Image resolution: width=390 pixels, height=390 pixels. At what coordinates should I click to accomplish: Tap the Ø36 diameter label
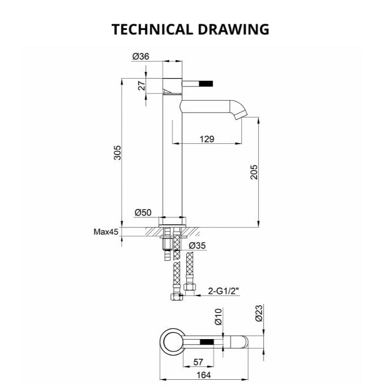(140, 56)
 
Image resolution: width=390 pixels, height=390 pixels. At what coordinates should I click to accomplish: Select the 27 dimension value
(142, 85)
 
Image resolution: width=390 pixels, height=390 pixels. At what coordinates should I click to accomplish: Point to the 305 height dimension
(118, 153)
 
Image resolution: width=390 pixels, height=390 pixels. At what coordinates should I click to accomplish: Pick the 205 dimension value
(254, 172)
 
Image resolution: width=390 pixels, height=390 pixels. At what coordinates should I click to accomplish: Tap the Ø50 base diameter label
(143, 213)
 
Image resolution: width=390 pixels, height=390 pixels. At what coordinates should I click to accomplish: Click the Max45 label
(106, 232)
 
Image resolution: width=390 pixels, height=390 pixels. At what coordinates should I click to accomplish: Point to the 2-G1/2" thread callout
(224, 291)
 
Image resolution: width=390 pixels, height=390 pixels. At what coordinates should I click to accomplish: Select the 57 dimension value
(199, 362)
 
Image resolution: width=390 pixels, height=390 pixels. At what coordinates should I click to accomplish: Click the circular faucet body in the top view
(170, 343)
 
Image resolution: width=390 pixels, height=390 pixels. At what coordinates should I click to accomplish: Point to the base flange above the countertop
(174, 221)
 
